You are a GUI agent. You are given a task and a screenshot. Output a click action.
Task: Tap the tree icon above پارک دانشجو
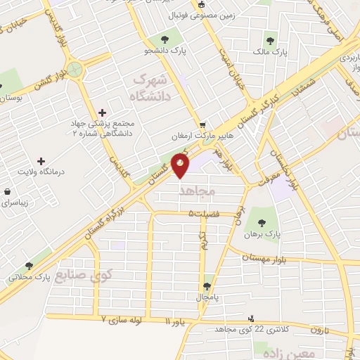[x=165, y=39]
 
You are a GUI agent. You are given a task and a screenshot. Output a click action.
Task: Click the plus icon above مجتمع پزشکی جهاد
[x=103, y=112]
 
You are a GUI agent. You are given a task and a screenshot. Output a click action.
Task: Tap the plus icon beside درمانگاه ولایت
[x=40, y=162]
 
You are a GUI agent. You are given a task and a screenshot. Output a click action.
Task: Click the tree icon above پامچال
[x=207, y=287]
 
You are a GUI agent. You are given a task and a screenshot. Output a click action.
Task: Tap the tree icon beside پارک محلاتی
[x=29, y=266]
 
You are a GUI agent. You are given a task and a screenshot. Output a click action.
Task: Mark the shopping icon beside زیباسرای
[x=7, y=191]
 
